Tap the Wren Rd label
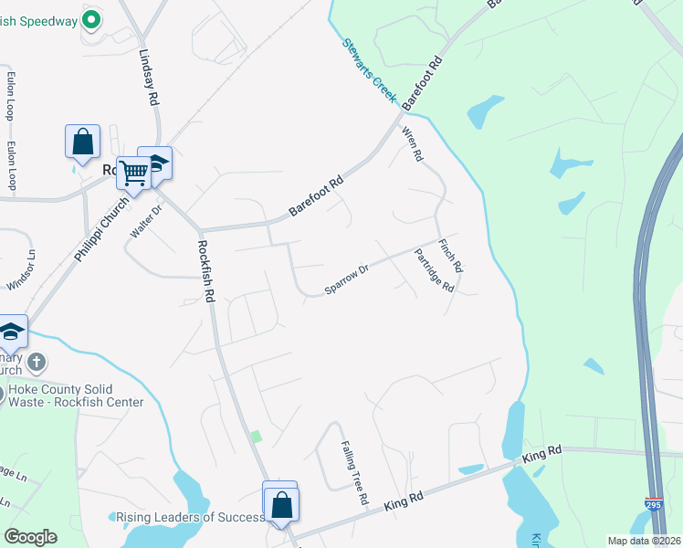coord(413,143)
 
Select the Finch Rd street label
coord(451,257)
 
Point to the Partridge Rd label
coord(434,271)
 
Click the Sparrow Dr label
coord(346,280)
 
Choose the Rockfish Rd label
coord(205,270)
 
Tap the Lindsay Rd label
coord(147,77)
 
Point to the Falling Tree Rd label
coord(353,473)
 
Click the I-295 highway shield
coord(653,503)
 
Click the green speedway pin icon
coord(91,19)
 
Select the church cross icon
coord(37,363)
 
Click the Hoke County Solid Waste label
coord(75,395)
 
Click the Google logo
coord(30,537)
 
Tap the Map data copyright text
coord(643,541)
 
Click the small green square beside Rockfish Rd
coord(257,436)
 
